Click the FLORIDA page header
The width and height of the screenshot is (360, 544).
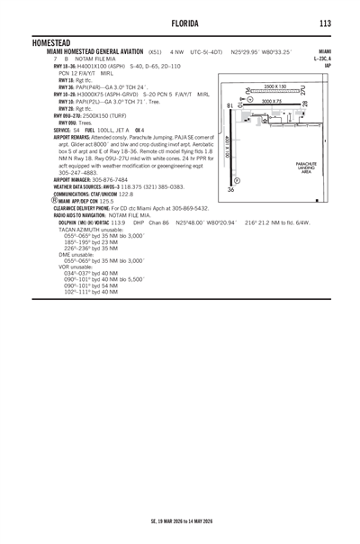[x=180, y=22]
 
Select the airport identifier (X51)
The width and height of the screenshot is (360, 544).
[x=155, y=52]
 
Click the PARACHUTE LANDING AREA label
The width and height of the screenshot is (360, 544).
[x=306, y=168]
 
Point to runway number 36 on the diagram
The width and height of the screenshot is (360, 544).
[x=231, y=190]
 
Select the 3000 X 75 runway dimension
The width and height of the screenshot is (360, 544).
[x=271, y=100]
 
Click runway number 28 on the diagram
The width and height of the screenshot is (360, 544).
[x=304, y=105]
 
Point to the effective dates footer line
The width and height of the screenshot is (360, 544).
[x=180, y=521]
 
